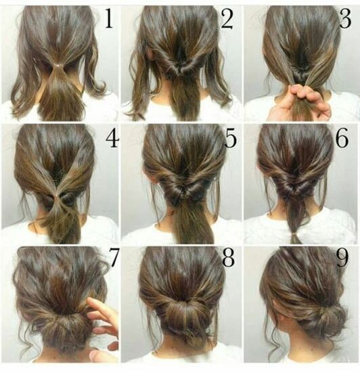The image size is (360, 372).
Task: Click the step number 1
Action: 108,20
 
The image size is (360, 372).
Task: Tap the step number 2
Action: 226,20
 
